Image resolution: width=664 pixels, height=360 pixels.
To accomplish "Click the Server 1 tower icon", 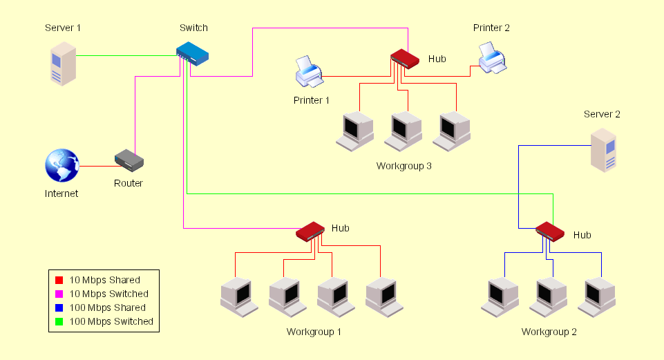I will (62, 64).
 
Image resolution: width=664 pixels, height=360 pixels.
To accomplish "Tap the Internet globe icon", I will (62, 167).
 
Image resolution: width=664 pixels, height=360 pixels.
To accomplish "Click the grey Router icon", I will (129, 161).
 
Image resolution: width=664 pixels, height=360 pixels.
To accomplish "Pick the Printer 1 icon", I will (309, 72).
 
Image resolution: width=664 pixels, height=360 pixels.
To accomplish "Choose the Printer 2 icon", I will (493, 58).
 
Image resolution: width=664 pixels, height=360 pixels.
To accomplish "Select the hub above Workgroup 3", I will (405, 58).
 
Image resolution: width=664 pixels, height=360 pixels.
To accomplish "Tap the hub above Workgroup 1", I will (310, 231).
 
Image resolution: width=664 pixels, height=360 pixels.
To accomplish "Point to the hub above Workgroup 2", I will (551, 231).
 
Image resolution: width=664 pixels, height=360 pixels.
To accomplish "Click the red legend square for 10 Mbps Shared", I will (59, 281).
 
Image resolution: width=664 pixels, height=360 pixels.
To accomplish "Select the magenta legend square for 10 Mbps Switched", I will (59, 294).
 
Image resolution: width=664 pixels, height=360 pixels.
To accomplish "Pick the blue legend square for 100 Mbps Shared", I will (59, 308).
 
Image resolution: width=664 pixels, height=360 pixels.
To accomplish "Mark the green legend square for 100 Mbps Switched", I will (59, 322).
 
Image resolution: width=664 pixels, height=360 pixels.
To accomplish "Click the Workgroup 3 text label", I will (404, 167).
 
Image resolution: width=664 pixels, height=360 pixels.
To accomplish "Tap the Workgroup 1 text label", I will (314, 332).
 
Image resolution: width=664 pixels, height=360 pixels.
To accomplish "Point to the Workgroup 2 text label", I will (549, 332).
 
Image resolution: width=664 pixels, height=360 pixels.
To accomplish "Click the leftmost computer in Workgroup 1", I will (238, 297).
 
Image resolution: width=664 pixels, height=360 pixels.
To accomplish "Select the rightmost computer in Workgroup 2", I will (598, 297).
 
